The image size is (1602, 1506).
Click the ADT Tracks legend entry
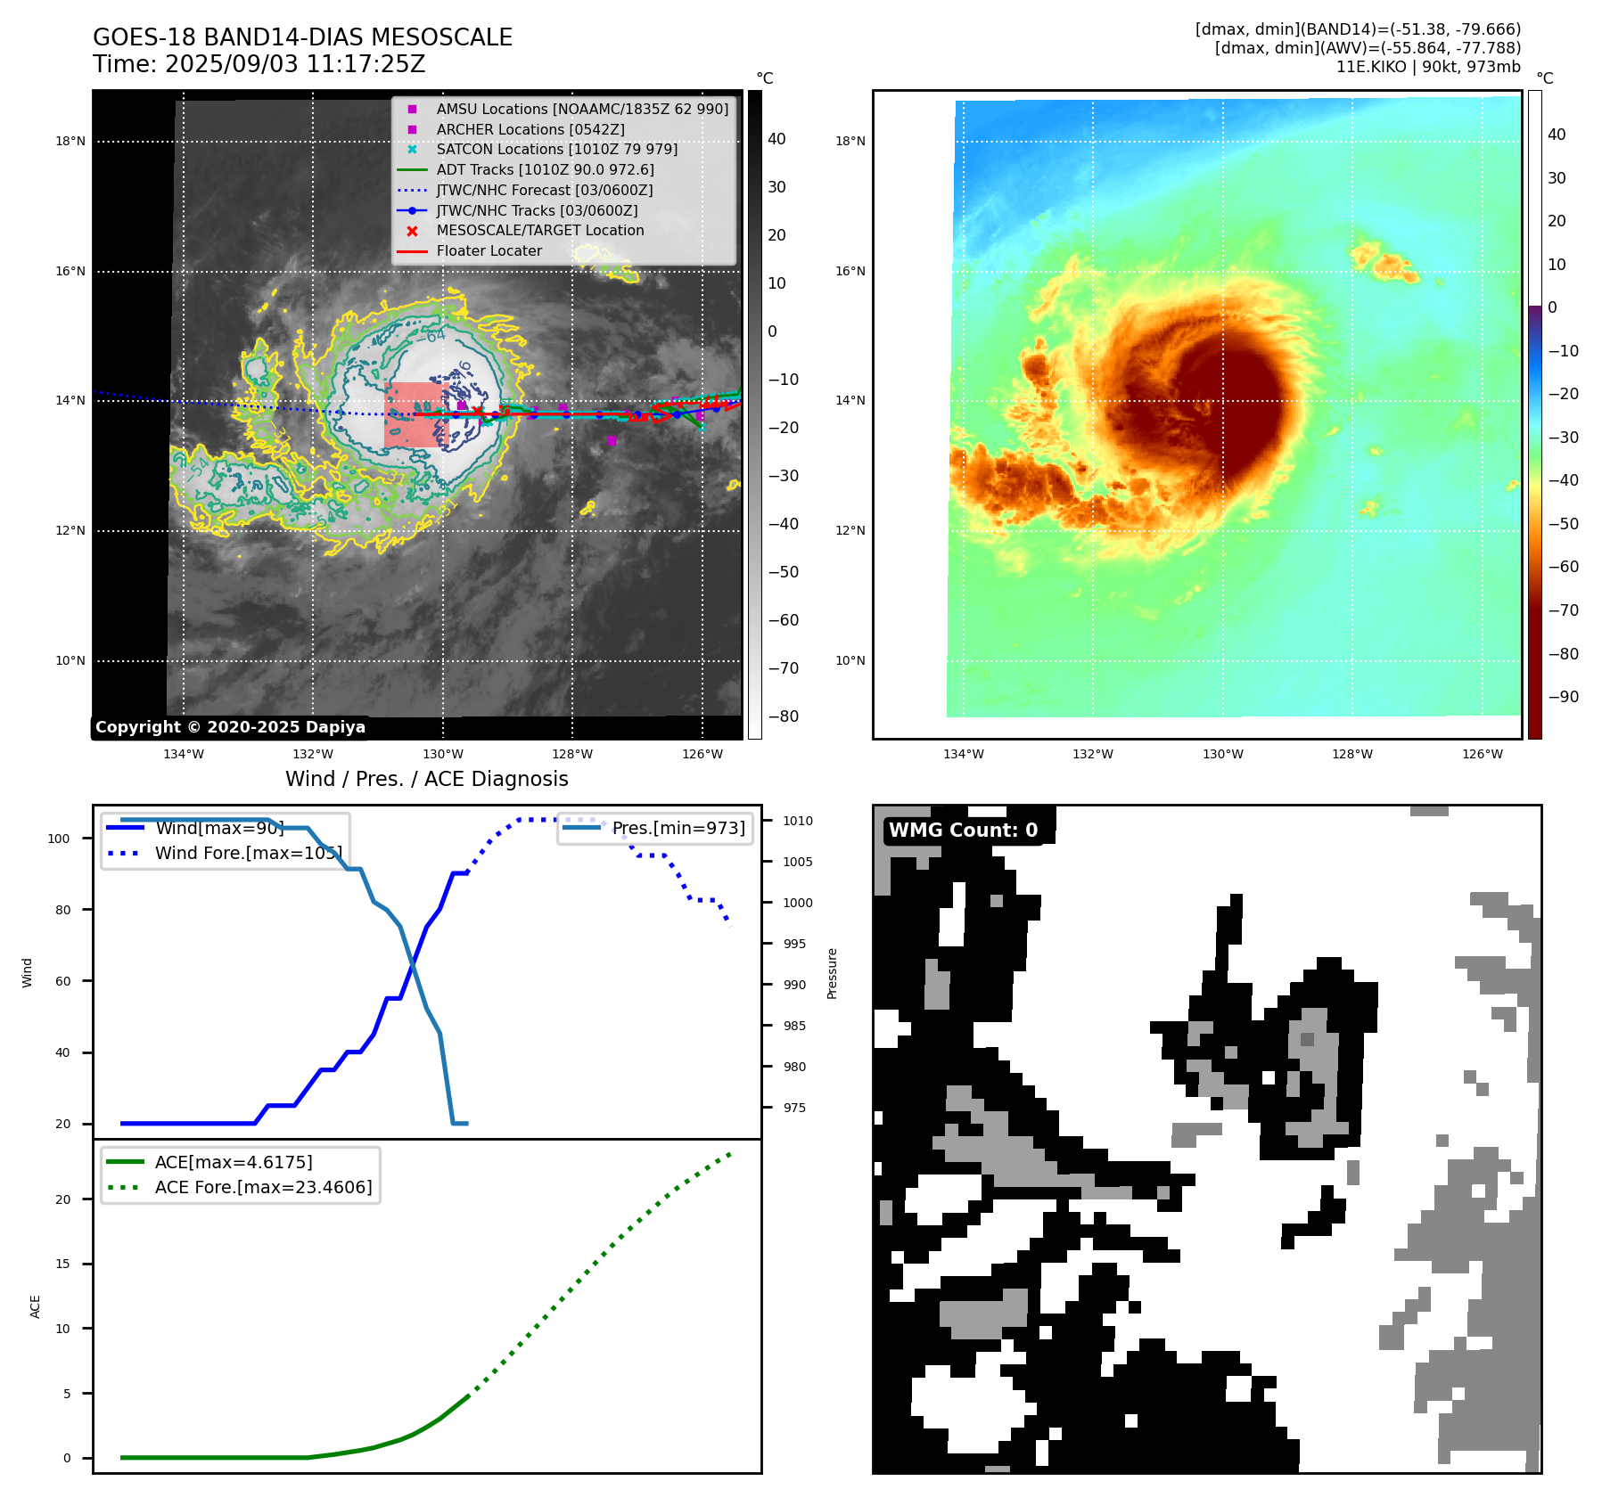point(545,169)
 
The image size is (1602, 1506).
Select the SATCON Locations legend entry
point(556,149)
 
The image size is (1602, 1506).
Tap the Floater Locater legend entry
point(489,250)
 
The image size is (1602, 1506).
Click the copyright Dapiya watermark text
point(230,727)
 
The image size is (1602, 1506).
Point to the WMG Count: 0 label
point(963,831)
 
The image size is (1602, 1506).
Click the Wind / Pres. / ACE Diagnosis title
point(426,779)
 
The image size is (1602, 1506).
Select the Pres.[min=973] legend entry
point(678,828)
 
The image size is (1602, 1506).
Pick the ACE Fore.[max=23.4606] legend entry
point(263,1187)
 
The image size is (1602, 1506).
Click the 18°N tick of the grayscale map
point(70,141)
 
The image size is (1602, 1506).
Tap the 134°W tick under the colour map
point(964,754)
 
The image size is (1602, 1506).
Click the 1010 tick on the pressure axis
point(798,821)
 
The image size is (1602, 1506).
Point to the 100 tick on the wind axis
point(59,839)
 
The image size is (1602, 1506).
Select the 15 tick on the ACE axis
point(62,1264)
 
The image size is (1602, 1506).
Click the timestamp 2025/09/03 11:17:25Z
point(295,64)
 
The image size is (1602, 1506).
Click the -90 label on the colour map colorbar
point(1563,697)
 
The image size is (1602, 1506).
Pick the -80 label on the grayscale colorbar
point(783,716)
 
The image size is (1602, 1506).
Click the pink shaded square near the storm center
point(412,414)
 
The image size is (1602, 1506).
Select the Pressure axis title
point(832,973)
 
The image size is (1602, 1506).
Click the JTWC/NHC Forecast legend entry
point(544,190)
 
